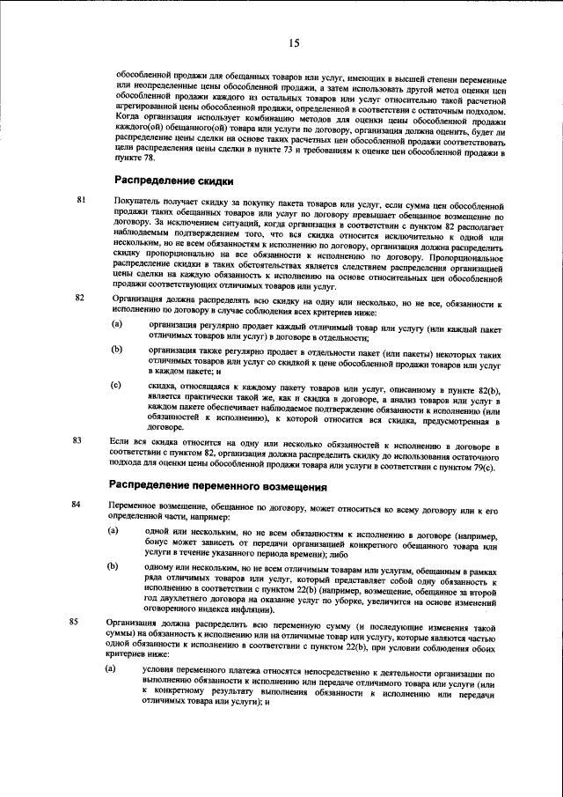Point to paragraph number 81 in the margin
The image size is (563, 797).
tap(82, 201)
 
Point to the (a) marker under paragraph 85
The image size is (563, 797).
tap(112, 669)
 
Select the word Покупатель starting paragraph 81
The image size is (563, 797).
tap(131, 201)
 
